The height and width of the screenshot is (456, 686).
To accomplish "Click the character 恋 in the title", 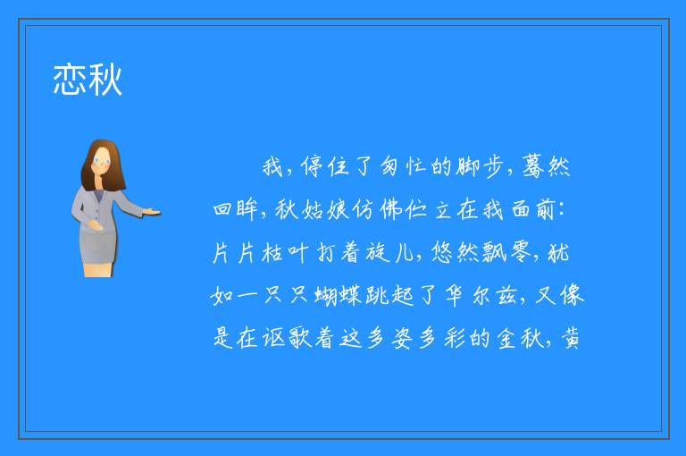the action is point(69,80).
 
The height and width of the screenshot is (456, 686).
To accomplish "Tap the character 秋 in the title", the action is point(105,80).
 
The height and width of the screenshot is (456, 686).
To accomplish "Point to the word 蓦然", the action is point(547,166).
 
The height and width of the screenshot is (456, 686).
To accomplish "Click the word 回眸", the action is point(235,209).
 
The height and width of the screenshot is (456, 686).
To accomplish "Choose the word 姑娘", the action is point(324,209).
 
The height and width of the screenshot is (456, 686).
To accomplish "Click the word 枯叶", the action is point(285,253).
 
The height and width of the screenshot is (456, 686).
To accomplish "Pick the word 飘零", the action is point(506,253).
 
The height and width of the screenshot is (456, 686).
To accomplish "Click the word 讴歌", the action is point(287,338).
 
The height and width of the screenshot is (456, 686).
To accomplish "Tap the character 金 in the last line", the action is point(506,338).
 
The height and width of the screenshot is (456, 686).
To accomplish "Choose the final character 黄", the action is point(571,338).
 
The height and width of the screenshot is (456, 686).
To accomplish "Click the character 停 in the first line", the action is point(312,166).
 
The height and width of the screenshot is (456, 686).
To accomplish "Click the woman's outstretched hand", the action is point(151,213).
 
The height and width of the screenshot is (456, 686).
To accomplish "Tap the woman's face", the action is point(102,160).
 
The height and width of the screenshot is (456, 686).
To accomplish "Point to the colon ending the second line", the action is point(563,210).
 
